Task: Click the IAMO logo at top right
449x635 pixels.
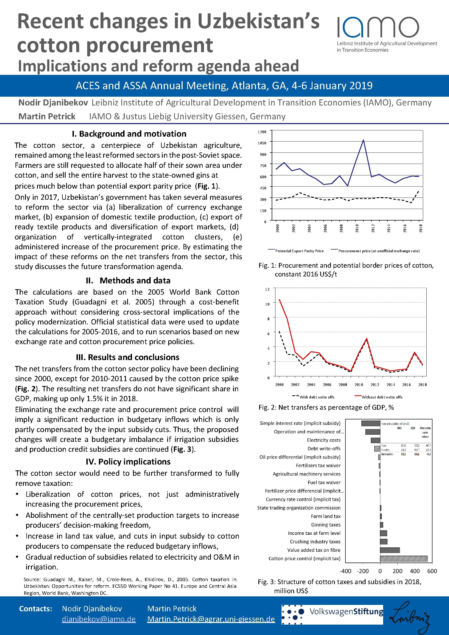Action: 378,28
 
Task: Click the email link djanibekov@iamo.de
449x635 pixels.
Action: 99,619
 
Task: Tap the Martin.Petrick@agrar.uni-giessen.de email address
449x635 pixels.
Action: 211,619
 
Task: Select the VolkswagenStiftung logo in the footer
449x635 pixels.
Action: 332,614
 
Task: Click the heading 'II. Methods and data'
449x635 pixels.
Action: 128,280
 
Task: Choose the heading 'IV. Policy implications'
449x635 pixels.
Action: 128,462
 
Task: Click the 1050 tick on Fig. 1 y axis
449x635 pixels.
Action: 262,143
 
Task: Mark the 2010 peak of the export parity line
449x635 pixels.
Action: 363,140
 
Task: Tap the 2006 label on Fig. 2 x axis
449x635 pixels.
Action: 327,385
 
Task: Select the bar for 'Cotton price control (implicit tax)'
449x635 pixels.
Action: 403,559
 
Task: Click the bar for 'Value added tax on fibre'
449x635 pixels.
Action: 390,550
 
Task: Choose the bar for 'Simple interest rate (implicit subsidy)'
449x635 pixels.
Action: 371,424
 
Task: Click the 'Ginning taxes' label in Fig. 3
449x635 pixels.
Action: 326,525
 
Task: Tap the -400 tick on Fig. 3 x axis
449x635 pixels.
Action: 345,571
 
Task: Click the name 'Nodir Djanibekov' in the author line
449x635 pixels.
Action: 53,103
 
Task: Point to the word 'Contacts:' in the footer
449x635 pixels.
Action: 35,609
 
